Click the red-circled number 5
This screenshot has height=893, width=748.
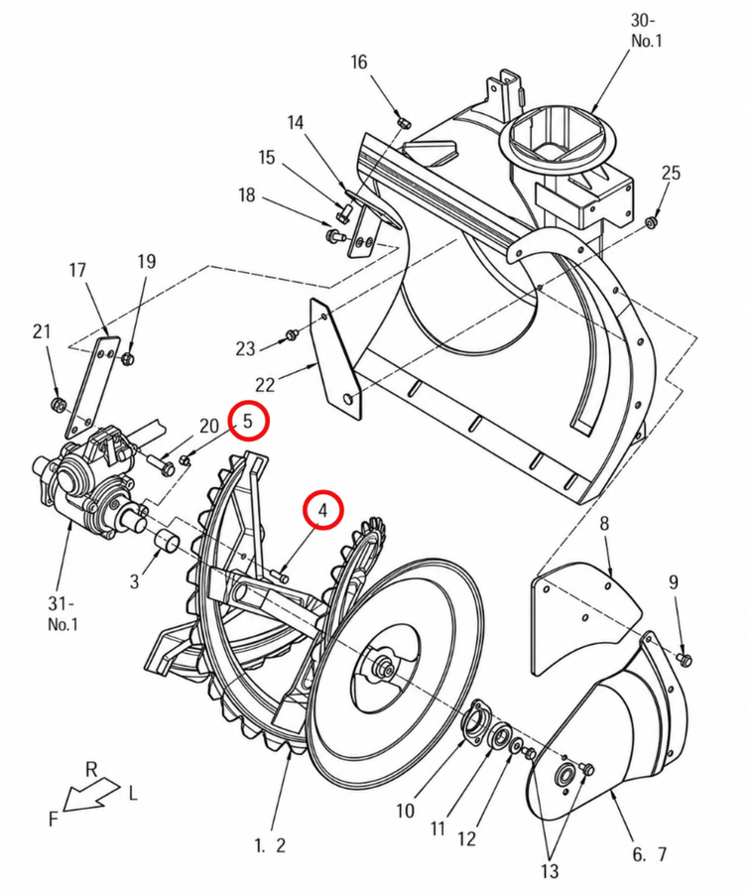click(248, 421)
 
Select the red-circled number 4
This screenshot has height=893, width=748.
click(322, 510)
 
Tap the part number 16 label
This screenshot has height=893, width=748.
click(359, 62)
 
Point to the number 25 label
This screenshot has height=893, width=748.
click(672, 173)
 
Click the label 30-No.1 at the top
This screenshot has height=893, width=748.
click(646, 31)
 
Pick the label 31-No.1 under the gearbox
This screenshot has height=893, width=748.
click(62, 613)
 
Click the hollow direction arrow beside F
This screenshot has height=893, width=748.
click(91, 794)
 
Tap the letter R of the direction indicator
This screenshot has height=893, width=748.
click(91, 770)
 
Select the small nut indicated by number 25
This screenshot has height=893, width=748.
click(650, 221)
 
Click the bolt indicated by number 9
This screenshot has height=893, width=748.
click(685, 659)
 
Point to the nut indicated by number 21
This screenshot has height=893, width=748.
click(58, 405)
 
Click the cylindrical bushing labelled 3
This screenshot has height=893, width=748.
click(168, 540)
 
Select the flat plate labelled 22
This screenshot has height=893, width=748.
click(334, 359)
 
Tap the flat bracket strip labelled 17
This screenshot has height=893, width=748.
click(93, 387)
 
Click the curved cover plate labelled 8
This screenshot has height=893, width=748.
click(583, 617)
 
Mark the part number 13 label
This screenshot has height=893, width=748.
click(550, 871)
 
